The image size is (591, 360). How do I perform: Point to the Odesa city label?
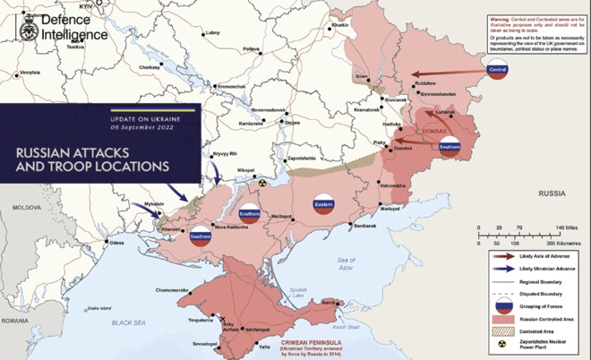click(116, 243)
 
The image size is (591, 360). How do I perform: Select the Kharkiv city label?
click(339, 25)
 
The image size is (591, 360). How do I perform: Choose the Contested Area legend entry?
click(538, 331)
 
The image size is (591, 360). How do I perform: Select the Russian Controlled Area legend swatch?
click(502, 318)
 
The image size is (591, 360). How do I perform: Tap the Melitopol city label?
click(282, 216)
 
